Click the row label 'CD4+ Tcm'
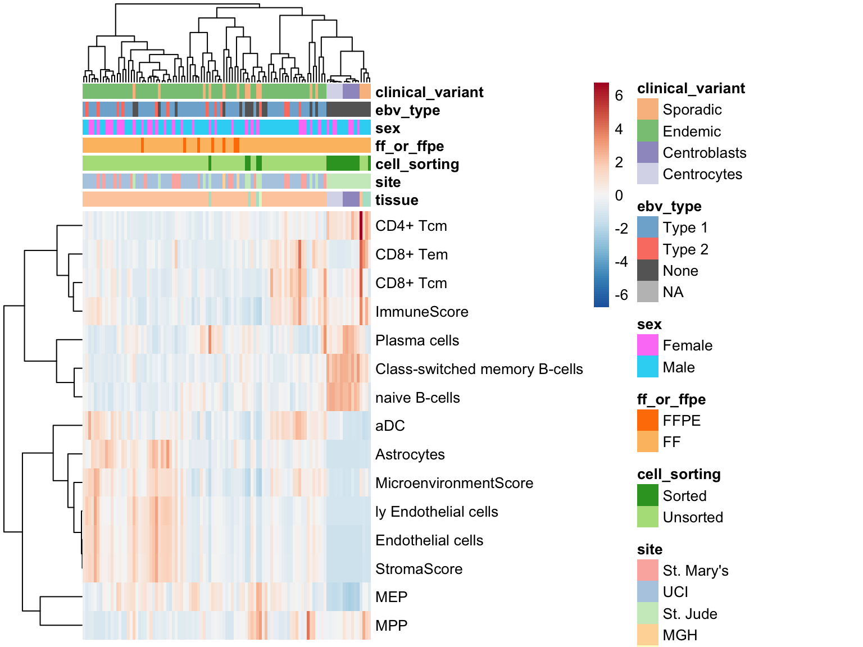(x=411, y=226)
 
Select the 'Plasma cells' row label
(x=417, y=340)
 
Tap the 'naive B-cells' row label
(x=417, y=398)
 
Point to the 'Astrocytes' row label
(x=410, y=454)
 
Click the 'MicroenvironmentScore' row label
(x=454, y=483)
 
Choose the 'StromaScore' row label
(x=419, y=569)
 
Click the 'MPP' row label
(x=391, y=626)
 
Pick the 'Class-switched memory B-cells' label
(x=479, y=369)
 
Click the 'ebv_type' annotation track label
(x=407, y=111)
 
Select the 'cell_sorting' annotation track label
(x=417, y=164)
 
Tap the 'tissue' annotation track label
(x=397, y=200)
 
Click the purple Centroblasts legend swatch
(x=648, y=152)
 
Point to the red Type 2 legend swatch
(x=648, y=249)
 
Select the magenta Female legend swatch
(x=648, y=345)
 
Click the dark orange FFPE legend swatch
(x=648, y=420)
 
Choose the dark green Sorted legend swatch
(x=648, y=495)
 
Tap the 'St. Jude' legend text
(x=690, y=614)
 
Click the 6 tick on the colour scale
(x=619, y=95)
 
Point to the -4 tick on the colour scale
(x=621, y=262)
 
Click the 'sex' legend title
(x=649, y=325)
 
